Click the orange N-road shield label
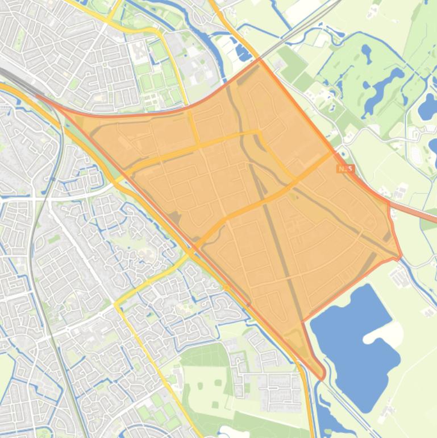346,169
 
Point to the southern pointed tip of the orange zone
321,376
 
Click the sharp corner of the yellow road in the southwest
117,305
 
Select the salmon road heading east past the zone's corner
418,212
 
